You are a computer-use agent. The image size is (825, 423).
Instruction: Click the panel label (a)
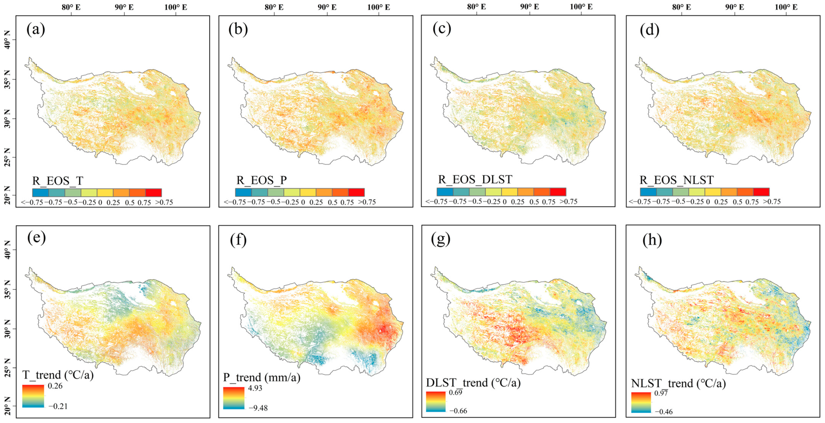point(36,30)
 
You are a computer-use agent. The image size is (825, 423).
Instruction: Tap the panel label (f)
point(238,240)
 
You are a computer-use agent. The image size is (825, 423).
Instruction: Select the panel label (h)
point(652,240)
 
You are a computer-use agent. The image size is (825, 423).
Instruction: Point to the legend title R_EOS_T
point(58,181)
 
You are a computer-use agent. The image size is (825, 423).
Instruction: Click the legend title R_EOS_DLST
point(475,180)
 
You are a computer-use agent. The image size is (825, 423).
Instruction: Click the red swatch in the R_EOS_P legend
point(356,192)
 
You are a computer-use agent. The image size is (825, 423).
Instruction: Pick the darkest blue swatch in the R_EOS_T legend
point(41,192)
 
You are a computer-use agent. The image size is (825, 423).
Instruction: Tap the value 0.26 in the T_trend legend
point(55,386)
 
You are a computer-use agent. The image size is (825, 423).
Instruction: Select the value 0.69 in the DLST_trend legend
point(455,392)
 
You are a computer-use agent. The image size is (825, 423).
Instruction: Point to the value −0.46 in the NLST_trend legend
point(663,412)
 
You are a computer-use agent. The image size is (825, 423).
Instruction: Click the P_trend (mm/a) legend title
point(262,378)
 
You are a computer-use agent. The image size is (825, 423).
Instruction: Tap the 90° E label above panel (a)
point(124,7)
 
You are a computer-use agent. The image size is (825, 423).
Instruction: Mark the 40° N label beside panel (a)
point(7,40)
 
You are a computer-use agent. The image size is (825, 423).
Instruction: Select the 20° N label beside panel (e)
point(7,406)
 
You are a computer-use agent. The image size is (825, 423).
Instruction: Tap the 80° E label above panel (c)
point(476,7)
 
